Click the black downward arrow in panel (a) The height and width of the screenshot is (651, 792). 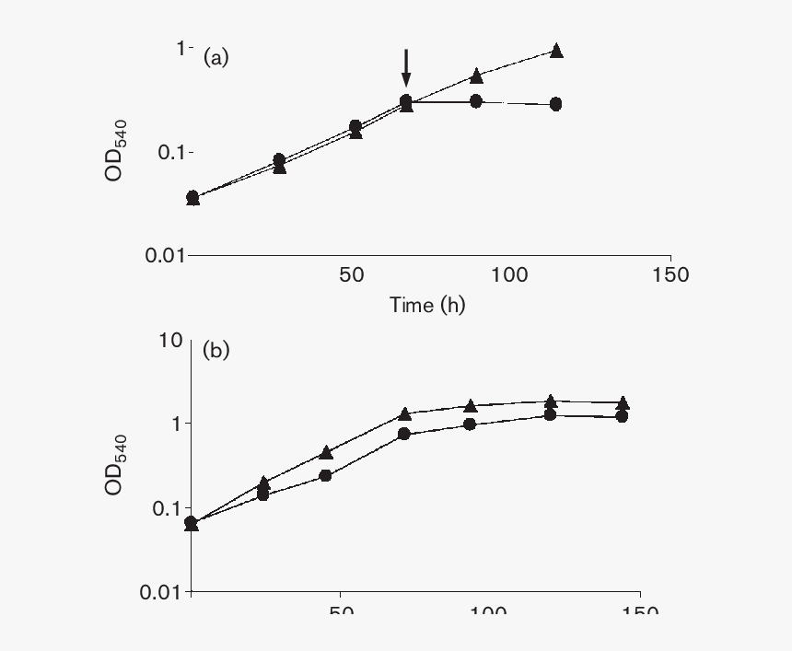[405, 69]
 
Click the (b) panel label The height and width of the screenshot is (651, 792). [215, 350]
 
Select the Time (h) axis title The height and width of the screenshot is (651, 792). [426, 305]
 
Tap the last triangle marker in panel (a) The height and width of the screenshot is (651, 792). [555, 52]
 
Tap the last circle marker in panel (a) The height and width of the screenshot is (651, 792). [555, 104]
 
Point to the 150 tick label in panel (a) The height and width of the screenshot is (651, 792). [669, 274]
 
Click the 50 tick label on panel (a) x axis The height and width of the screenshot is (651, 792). [350, 274]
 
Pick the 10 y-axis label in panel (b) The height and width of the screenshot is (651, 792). [170, 340]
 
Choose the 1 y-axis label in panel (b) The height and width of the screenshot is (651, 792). [176, 424]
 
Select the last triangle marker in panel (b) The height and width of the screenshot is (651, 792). [623, 403]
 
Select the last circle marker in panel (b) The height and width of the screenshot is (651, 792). [622, 416]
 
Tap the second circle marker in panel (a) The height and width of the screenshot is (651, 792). [279, 160]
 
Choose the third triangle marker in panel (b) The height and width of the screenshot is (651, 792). [325, 452]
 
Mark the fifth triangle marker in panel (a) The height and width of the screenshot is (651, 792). [475, 76]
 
